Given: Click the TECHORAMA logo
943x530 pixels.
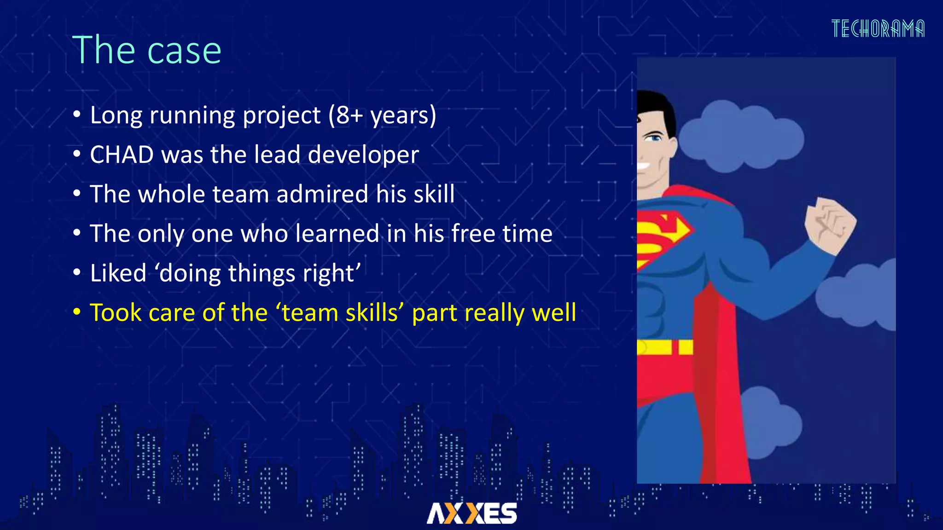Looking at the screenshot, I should click(x=878, y=29).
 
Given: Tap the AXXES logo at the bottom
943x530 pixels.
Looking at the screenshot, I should click(x=471, y=513).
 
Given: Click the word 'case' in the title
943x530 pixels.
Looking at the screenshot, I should click(x=184, y=51).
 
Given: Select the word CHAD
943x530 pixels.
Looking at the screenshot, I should click(x=122, y=155).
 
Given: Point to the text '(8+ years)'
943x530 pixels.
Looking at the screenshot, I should click(x=382, y=115).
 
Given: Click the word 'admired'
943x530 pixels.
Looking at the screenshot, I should click(x=322, y=194).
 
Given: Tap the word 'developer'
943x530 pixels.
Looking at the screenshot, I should click(x=363, y=155).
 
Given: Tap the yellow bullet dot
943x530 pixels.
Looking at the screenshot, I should click(x=77, y=312).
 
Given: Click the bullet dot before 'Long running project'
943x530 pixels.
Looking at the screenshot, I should click(x=77, y=115).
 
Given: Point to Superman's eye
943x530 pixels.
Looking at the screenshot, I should click(x=654, y=137).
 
